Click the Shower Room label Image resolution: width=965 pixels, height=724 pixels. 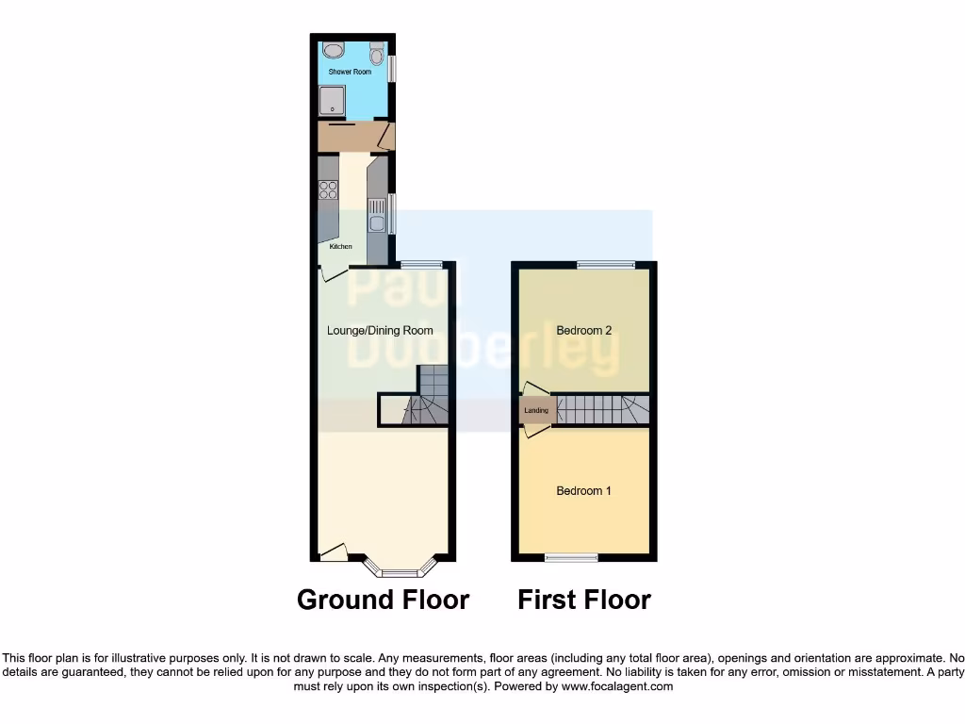coord(350,72)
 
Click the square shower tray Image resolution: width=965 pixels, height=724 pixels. coord(333,99)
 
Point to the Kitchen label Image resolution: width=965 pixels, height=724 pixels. coord(341,247)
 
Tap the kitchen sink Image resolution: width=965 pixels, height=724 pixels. coord(376,223)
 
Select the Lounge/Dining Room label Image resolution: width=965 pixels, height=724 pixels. coord(380,331)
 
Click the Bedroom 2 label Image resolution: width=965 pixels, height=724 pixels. coord(584,331)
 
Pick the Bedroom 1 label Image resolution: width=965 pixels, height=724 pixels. coord(584,491)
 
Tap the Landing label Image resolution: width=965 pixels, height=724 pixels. coord(536,411)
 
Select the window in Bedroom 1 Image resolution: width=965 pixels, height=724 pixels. coord(571,557)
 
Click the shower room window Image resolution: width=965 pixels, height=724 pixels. coord(393,70)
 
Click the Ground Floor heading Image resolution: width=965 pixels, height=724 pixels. coord(383,600)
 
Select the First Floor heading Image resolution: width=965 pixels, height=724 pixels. coord(584,600)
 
